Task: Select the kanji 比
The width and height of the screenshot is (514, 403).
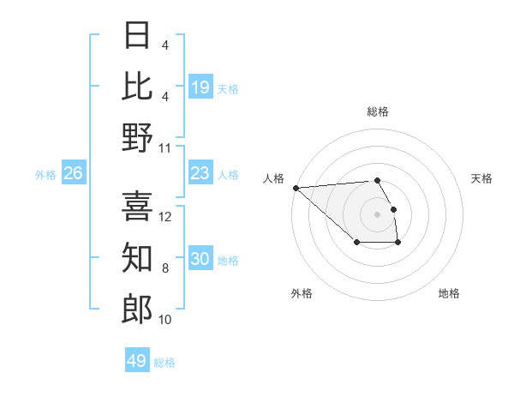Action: pyautogui.click(x=137, y=86)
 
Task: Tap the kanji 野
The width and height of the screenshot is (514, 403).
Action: pyautogui.click(x=137, y=137)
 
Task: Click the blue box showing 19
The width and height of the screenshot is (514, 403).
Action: pyautogui.click(x=200, y=87)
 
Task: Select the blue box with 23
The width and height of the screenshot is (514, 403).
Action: pyautogui.click(x=200, y=174)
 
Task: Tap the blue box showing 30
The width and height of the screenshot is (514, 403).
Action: pyautogui.click(x=200, y=260)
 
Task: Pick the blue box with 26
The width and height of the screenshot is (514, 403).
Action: pyautogui.click(x=73, y=174)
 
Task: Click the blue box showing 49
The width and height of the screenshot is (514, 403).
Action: pyautogui.click(x=137, y=361)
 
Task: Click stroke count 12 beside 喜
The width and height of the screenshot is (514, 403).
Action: pyautogui.click(x=166, y=217)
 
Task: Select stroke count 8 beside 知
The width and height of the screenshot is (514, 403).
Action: pyautogui.click(x=164, y=268)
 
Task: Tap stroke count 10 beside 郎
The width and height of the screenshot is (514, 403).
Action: pyautogui.click(x=166, y=320)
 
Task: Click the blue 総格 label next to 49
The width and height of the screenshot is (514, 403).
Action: pyautogui.click(x=164, y=363)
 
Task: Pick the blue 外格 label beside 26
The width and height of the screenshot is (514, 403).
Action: pyautogui.click(x=45, y=175)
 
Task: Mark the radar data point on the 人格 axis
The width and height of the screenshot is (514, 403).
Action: pyautogui.click(x=296, y=187)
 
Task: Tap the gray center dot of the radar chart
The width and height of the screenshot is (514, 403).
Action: pyautogui.click(x=377, y=214)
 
